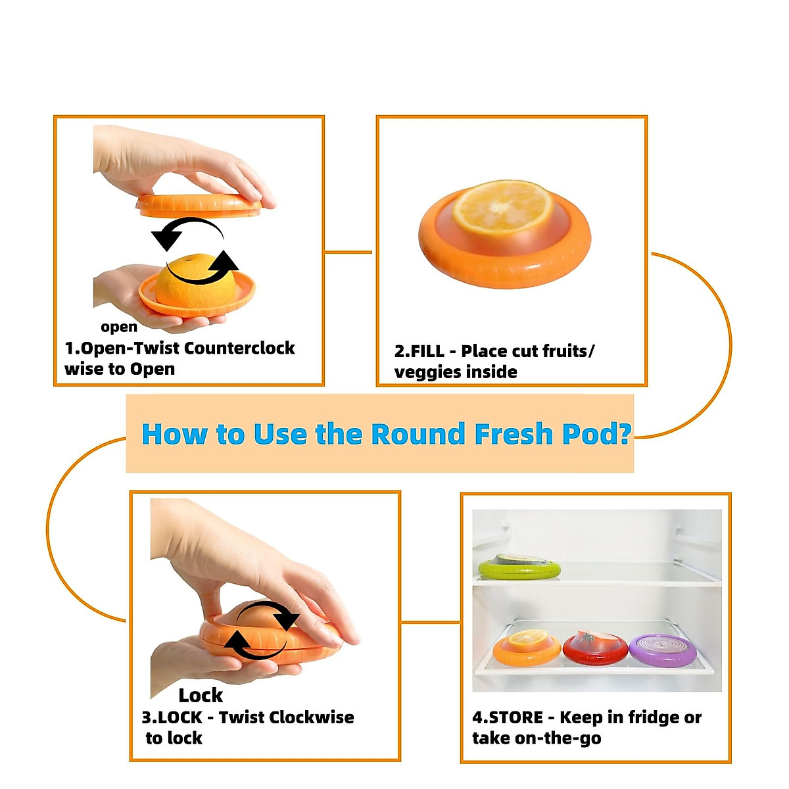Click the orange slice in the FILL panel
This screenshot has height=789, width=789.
pos(504,207)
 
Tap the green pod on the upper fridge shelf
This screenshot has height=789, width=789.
pos(519,566)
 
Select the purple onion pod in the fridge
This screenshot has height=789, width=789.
pos(662,648)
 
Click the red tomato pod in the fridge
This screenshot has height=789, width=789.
pos(595,647)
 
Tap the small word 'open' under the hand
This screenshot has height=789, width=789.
pos(119,327)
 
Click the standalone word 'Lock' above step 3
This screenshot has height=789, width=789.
pos(201,695)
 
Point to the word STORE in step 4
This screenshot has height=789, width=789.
pos(515,717)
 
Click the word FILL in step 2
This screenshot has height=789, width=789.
pos(427,351)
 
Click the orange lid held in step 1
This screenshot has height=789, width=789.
pos(199,205)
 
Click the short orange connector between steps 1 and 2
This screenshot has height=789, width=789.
pos(349,252)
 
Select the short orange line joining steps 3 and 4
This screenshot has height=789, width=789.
pos(430,621)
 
